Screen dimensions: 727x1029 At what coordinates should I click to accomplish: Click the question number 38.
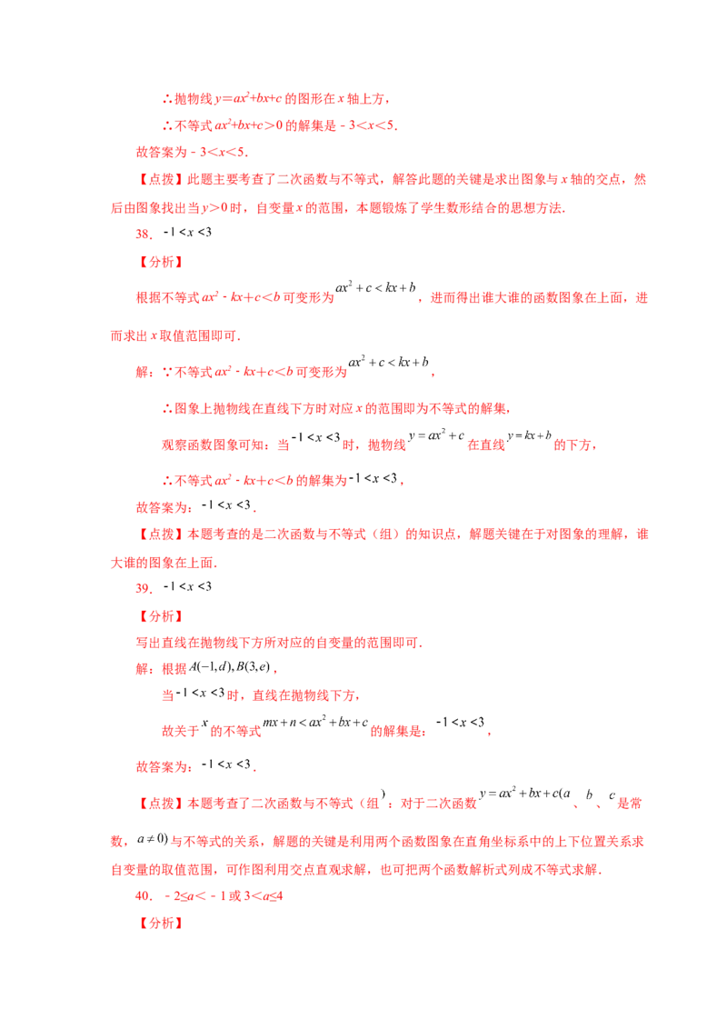pyautogui.click(x=143, y=234)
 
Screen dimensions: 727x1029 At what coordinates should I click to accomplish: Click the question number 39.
pyautogui.click(x=143, y=588)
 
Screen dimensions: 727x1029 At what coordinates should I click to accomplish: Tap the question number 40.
pyautogui.click(x=143, y=895)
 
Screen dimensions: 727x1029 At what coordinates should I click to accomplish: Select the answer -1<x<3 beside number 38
pyautogui.click(x=187, y=232)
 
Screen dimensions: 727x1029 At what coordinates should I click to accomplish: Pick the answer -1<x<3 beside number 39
pyautogui.click(x=187, y=586)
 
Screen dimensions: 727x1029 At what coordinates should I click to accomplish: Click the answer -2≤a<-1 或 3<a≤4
pyautogui.click(x=224, y=895)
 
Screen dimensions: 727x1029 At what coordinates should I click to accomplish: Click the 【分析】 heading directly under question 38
pyautogui.click(x=161, y=262)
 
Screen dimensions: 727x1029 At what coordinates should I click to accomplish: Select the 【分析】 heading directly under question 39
pyautogui.click(x=161, y=616)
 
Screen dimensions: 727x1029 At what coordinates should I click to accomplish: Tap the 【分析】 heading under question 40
pyautogui.click(x=161, y=924)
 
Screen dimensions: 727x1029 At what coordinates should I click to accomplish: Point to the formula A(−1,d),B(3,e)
pyautogui.click(x=230, y=666)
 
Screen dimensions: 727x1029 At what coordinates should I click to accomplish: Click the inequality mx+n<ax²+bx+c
pyautogui.click(x=315, y=722)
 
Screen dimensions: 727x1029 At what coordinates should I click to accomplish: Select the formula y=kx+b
pyautogui.click(x=529, y=435)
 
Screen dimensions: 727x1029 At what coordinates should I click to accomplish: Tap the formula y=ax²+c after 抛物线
pyautogui.click(x=436, y=435)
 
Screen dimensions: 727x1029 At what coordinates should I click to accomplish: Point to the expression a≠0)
pyautogui.click(x=153, y=839)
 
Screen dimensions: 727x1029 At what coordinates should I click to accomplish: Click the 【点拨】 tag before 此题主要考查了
pyautogui.click(x=161, y=179)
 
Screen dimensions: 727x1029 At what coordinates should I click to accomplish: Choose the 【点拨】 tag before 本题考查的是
pyautogui.click(x=161, y=534)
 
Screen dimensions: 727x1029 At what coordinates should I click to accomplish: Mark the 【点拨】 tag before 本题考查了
pyautogui.click(x=161, y=804)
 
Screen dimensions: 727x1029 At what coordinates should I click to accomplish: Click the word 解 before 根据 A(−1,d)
pyautogui.click(x=143, y=669)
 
